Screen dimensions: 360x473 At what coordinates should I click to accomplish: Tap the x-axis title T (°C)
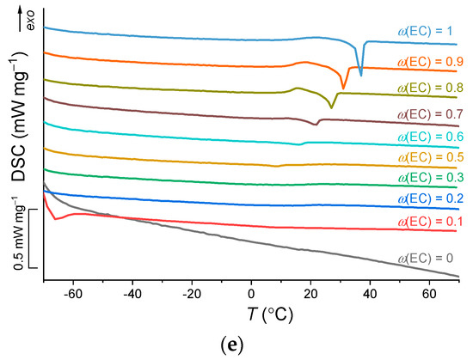(250, 314)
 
